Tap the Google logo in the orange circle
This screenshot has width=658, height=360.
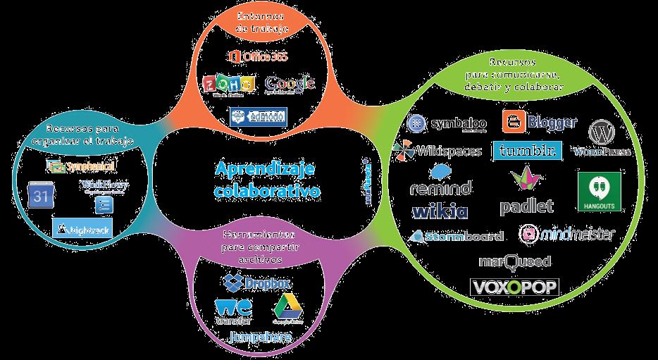coord(290,84)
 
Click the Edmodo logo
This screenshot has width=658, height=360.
coord(257,116)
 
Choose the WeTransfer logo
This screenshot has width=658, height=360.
coord(233,311)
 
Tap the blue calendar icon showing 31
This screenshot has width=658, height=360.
coord(39,194)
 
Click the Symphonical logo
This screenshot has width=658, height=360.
coord(81,166)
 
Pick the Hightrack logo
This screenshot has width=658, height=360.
coord(82,228)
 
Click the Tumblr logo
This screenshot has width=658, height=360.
coord(528,150)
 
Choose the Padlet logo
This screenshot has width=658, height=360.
coord(526,192)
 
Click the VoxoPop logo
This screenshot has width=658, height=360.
coord(514,287)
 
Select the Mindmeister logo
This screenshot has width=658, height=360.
coord(566,234)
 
